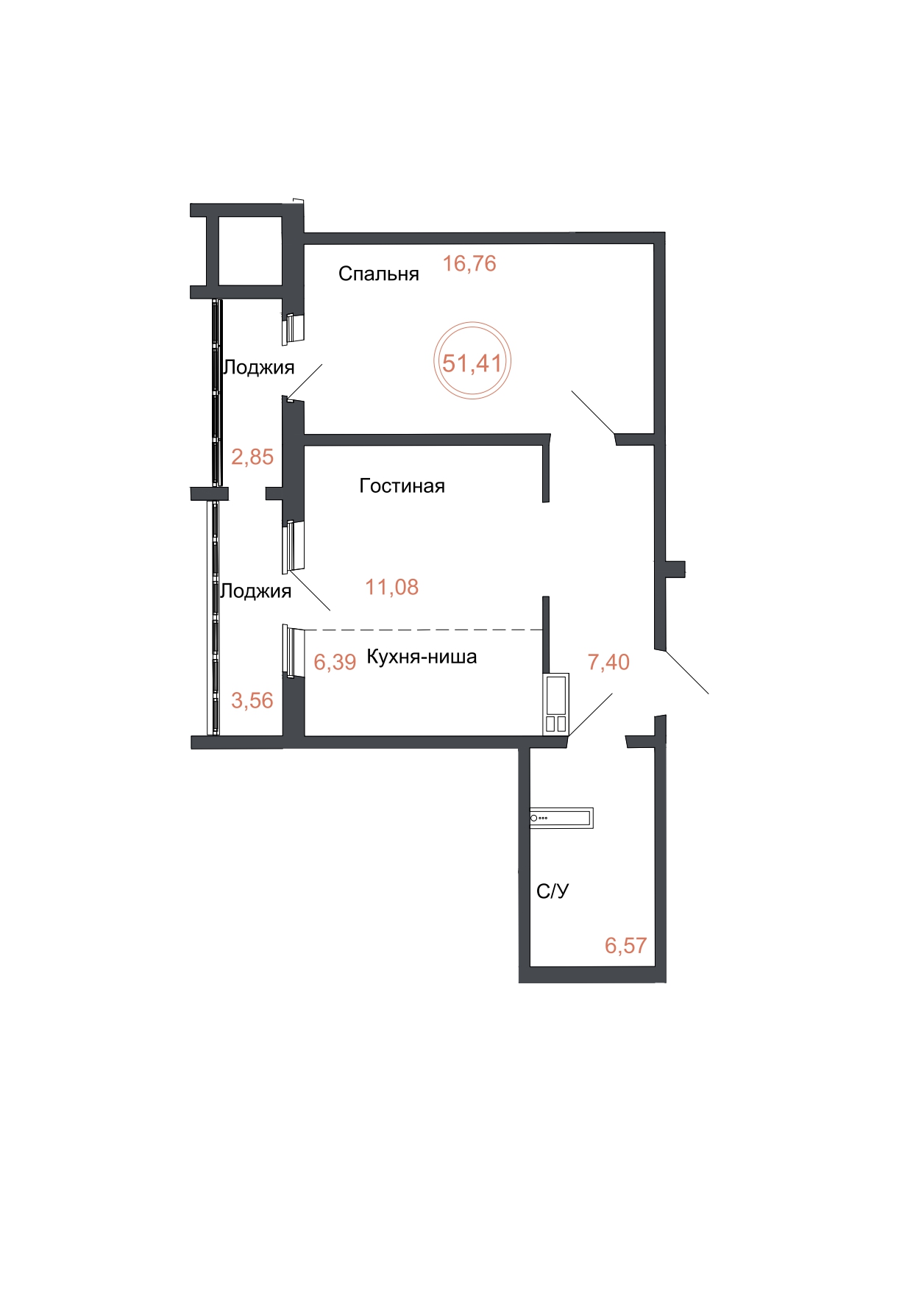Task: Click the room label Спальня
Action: pyautogui.click(x=378, y=274)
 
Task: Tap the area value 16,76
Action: pyautogui.click(x=469, y=263)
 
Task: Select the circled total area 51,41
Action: pyautogui.click(x=472, y=363)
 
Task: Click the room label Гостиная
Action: pyautogui.click(x=402, y=485)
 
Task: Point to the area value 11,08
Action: pyautogui.click(x=392, y=587)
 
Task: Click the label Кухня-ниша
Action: pyautogui.click(x=422, y=657)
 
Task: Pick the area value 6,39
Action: pyautogui.click(x=335, y=662)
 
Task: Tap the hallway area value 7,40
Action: pyautogui.click(x=608, y=662)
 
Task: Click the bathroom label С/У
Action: pyautogui.click(x=553, y=891)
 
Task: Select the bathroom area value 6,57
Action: pyautogui.click(x=625, y=945)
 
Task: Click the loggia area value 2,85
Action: pyautogui.click(x=252, y=457)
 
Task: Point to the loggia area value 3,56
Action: pyautogui.click(x=252, y=700)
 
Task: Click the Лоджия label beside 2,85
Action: pyautogui.click(x=259, y=367)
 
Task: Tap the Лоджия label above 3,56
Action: pyautogui.click(x=256, y=591)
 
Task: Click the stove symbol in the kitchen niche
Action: pyautogui.click(x=556, y=704)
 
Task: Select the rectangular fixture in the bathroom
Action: pyautogui.click(x=561, y=817)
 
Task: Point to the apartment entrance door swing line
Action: pyautogui.click(x=687, y=672)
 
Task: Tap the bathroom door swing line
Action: pyautogui.click(x=590, y=714)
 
